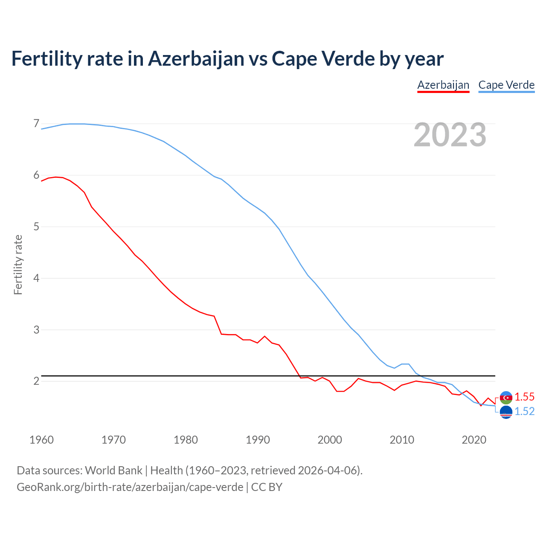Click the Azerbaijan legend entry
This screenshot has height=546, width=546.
point(443,85)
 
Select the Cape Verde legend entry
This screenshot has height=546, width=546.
point(506,85)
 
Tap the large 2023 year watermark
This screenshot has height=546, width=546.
point(450,135)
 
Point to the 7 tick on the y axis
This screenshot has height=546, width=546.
point(36,124)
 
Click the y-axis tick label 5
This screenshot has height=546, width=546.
point(36,227)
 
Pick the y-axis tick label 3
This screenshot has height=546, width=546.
point(36,330)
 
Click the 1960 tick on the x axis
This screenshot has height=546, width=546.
point(41,440)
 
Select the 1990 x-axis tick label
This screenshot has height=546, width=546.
point(258,440)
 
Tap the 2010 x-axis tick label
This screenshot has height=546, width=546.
point(402,440)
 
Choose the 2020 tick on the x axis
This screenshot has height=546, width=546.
point(474,440)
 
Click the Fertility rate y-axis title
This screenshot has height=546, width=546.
point(18,264)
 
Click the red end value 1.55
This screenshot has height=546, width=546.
point(524,397)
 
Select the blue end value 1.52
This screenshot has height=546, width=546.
point(524,411)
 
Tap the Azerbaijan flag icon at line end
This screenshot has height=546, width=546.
point(506,398)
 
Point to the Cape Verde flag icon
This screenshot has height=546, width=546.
point(506,412)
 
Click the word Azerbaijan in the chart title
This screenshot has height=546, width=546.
point(196,58)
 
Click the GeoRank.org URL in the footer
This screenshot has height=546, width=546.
point(130,487)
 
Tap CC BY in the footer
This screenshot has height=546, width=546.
point(267,487)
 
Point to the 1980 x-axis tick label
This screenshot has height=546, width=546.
point(186,440)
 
